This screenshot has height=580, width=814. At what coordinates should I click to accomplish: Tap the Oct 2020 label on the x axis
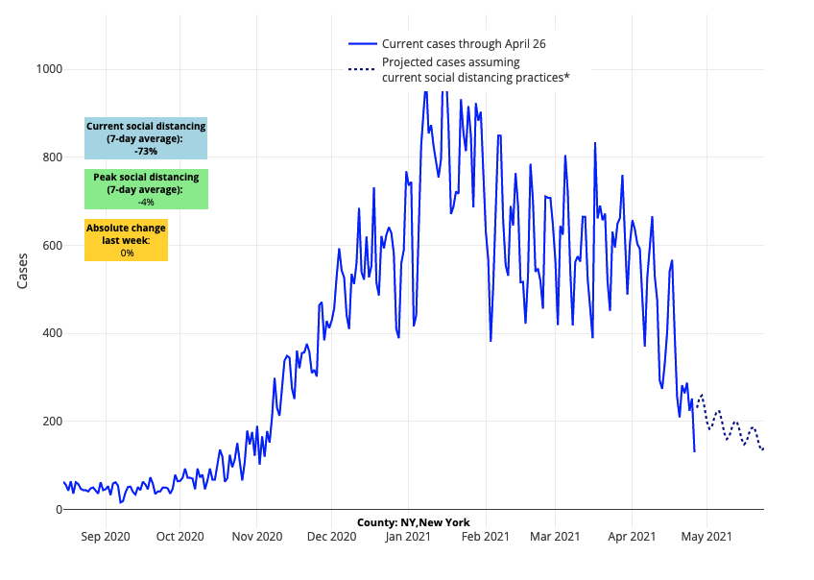click(x=180, y=536)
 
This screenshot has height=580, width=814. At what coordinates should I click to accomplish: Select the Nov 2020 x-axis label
click(x=256, y=536)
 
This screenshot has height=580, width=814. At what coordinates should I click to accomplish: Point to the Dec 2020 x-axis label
click(x=331, y=536)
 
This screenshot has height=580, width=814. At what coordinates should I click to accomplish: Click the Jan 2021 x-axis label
click(x=407, y=536)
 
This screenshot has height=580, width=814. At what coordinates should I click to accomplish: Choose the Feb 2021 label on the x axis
click(x=484, y=536)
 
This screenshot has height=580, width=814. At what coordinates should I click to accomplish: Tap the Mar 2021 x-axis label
click(x=554, y=536)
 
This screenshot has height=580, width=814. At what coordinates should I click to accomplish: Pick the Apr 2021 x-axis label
click(x=631, y=536)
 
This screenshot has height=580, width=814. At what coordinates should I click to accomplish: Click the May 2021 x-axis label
click(x=706, y=536)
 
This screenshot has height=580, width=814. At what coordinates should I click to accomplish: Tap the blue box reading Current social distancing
click(x=146, y=138)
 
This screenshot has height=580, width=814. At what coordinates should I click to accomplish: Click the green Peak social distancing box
click(x=146, y=189)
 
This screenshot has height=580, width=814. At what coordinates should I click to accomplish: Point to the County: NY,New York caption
click(x=413, y=522)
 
